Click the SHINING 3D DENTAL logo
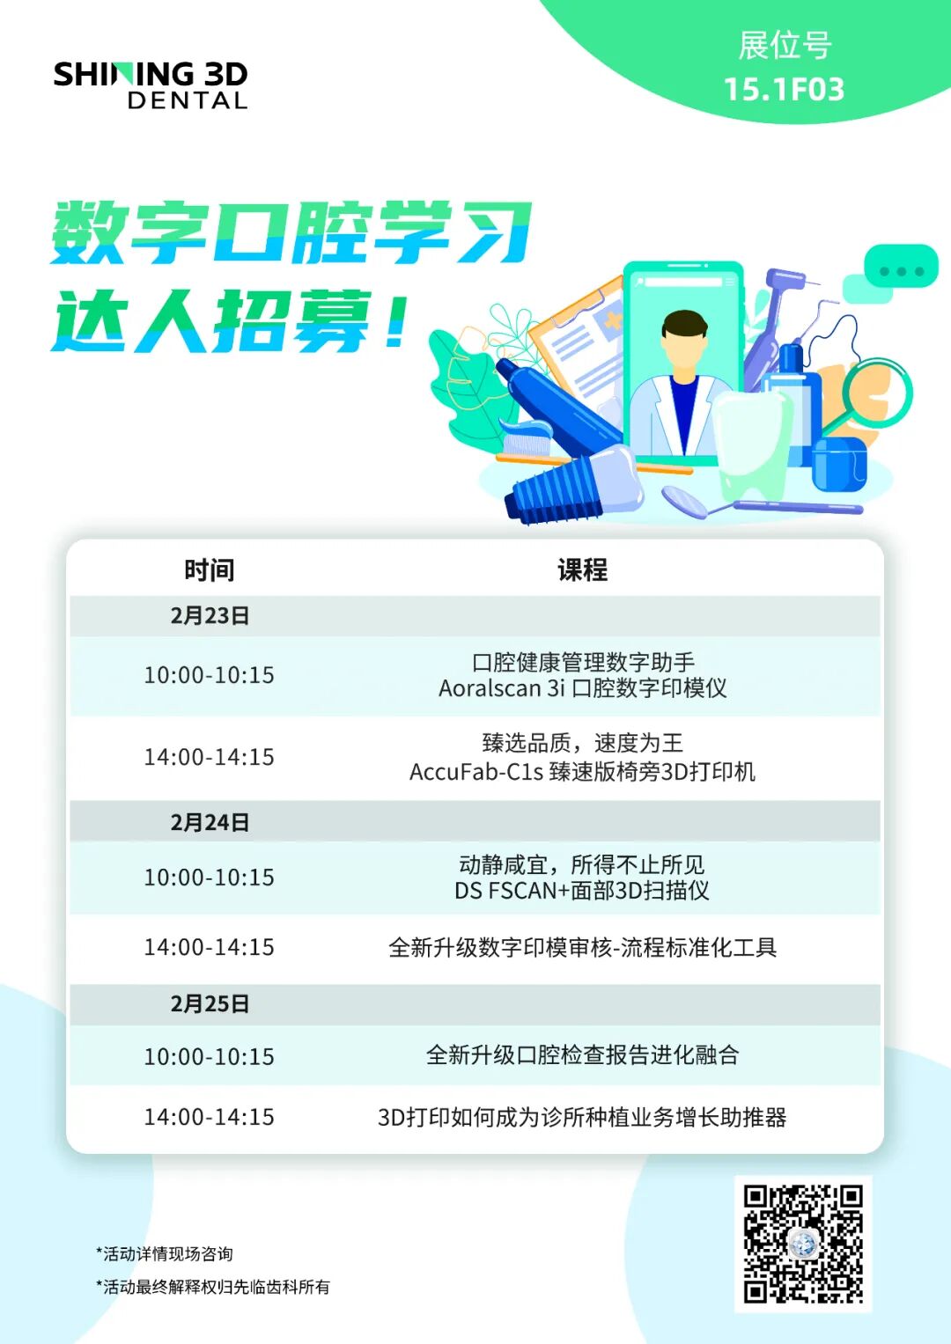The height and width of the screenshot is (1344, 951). pos(151,84)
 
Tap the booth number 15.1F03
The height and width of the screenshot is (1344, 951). pos(784,89)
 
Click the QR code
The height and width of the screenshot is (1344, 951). pos(802,1244)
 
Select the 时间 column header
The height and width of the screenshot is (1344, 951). pos(210,570)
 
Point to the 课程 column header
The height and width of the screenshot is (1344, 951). pos(582,570)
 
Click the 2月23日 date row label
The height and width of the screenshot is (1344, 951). pos(210,616)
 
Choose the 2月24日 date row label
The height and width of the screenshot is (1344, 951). pos(210,823)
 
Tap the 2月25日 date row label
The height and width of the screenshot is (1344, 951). pos(210,1004)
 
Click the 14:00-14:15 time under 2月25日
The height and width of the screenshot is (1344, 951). pos(210,1117)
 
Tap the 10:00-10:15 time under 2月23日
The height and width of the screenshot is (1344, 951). pos(210,675)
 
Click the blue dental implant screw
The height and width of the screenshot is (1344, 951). pos(564,488)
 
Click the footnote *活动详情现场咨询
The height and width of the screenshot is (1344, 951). pos(165,1254)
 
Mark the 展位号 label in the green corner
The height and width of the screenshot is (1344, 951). pos(784,46)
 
